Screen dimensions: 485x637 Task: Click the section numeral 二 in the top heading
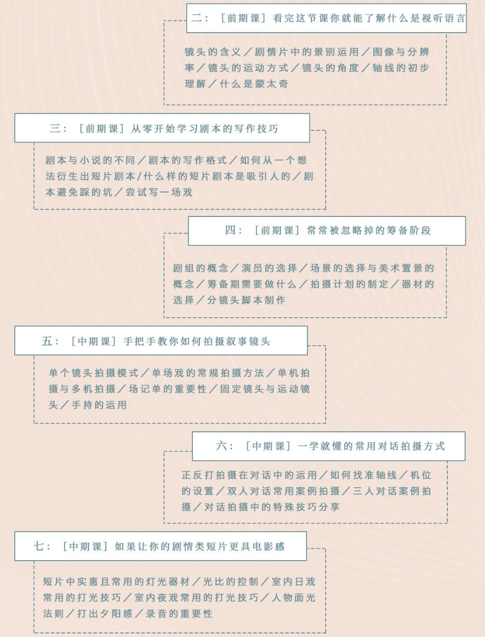tap(196, 18)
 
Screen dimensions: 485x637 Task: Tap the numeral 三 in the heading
tap(55, 128)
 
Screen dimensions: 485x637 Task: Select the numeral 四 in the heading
tap(231, 231)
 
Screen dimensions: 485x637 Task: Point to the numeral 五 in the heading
tap(47, 341)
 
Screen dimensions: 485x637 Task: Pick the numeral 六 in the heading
tap(221, 446)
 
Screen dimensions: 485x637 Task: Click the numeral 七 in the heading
tap(38, 546)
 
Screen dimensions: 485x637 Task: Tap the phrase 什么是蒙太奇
tap(254, 84)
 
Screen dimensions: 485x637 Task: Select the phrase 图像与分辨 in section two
tap(401, 52)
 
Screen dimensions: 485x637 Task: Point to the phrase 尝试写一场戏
tap(159, 192)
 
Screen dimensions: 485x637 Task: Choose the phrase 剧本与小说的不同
tap(90, 160)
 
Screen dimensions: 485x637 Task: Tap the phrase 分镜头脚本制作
tap(246, 300)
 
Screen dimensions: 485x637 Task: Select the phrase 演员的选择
tap(269, 268)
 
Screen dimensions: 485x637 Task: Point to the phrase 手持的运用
tap(99, 405)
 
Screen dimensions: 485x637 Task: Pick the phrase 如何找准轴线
tap(363, 475)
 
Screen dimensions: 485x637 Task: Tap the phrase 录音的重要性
tap(179, 614)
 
